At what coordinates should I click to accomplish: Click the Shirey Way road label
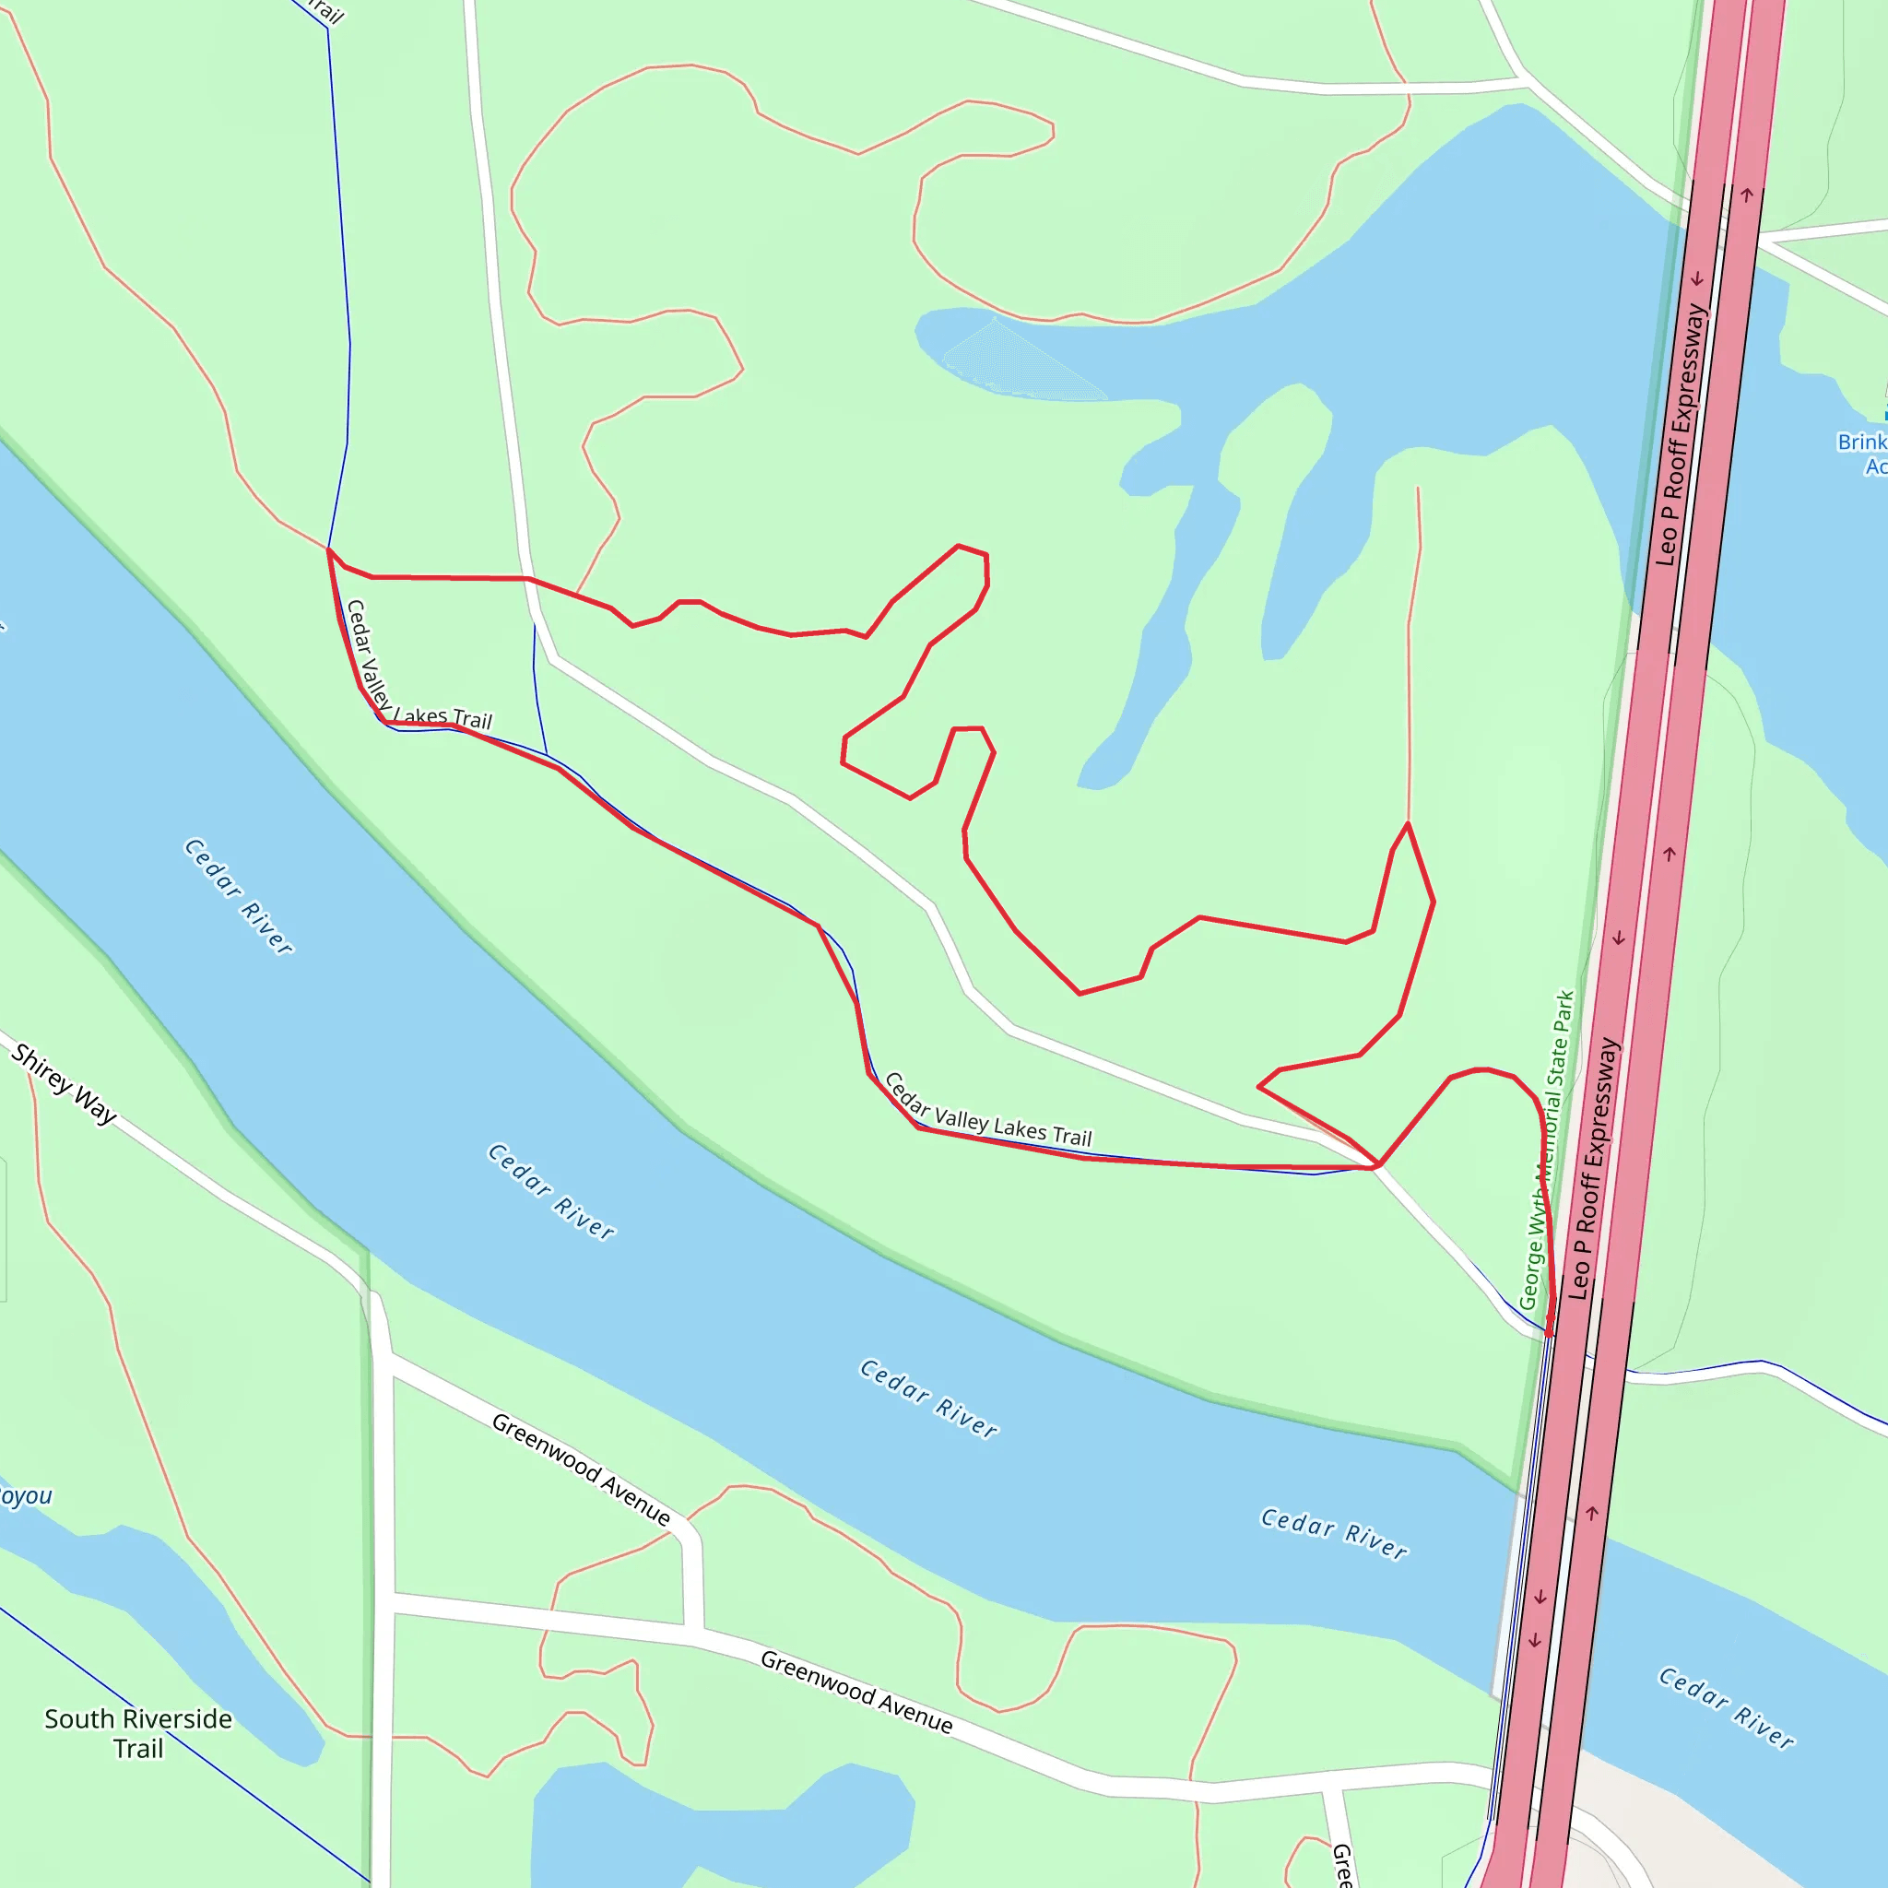[65, 1084]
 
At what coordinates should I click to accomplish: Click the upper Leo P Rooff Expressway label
[1681, 435]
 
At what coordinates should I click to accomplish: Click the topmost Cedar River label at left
[239, 896]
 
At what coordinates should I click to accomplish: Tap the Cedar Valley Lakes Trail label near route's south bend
[987, 1113]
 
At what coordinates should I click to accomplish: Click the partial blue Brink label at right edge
[1862, 454]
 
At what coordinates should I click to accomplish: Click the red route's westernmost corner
[328, 550]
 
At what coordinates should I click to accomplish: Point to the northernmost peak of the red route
[959, 546]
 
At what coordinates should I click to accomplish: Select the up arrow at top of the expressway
[1746, 195]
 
